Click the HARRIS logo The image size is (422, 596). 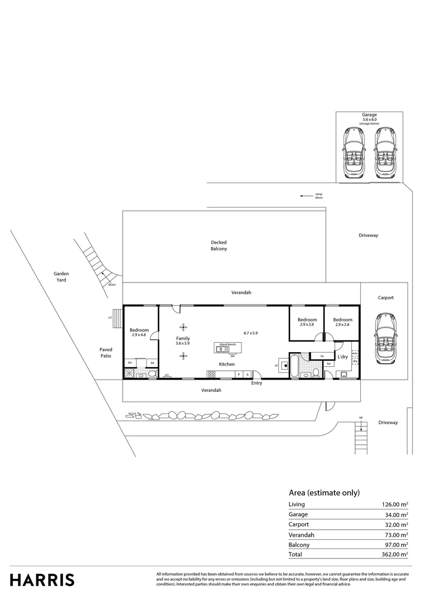point(42,580)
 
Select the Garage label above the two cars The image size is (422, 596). point(370,115)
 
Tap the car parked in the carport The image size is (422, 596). point(384,339)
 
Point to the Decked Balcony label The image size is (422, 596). point(219,246)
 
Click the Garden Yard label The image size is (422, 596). point(61,276)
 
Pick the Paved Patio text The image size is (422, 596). point(106,353)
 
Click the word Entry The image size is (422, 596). point(257,383)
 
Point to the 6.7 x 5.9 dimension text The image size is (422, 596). point(251,333)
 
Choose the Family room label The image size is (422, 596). point(183,338)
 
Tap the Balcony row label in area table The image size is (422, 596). point(299,544)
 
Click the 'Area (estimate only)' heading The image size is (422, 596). point(324,492)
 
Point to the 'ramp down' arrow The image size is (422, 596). point(303,195)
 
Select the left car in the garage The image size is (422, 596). point(352,153)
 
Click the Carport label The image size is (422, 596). point(386,297)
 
